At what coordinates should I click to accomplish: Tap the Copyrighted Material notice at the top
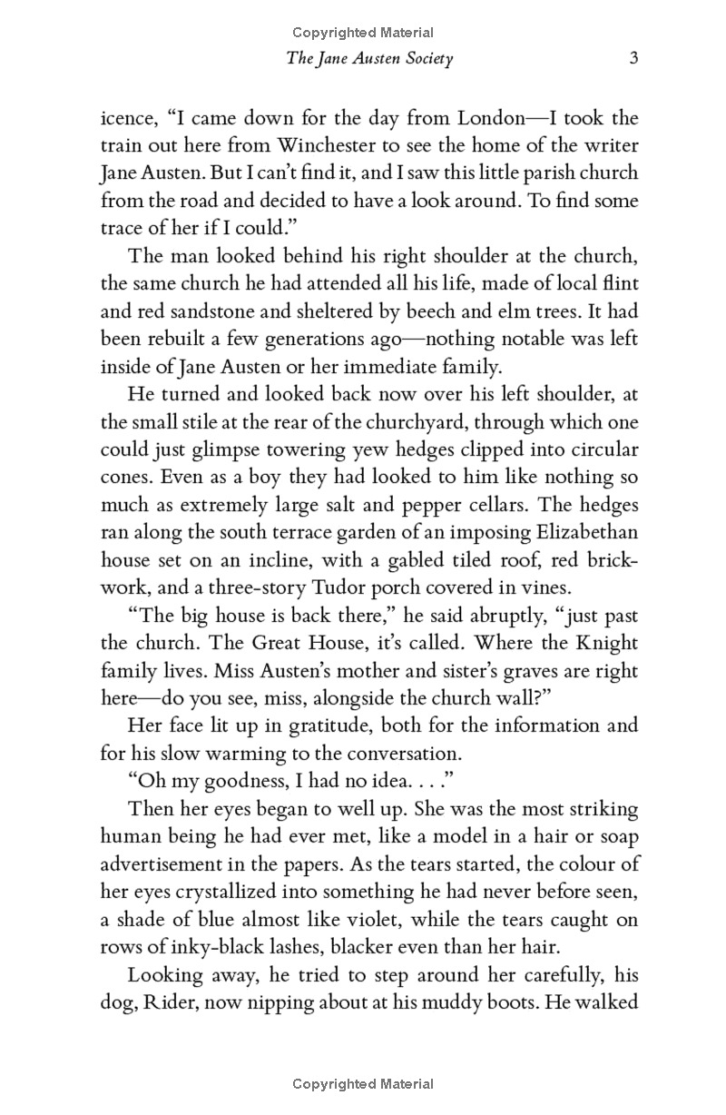(363, 33)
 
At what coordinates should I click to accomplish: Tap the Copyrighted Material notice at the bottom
(363, 1084)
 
